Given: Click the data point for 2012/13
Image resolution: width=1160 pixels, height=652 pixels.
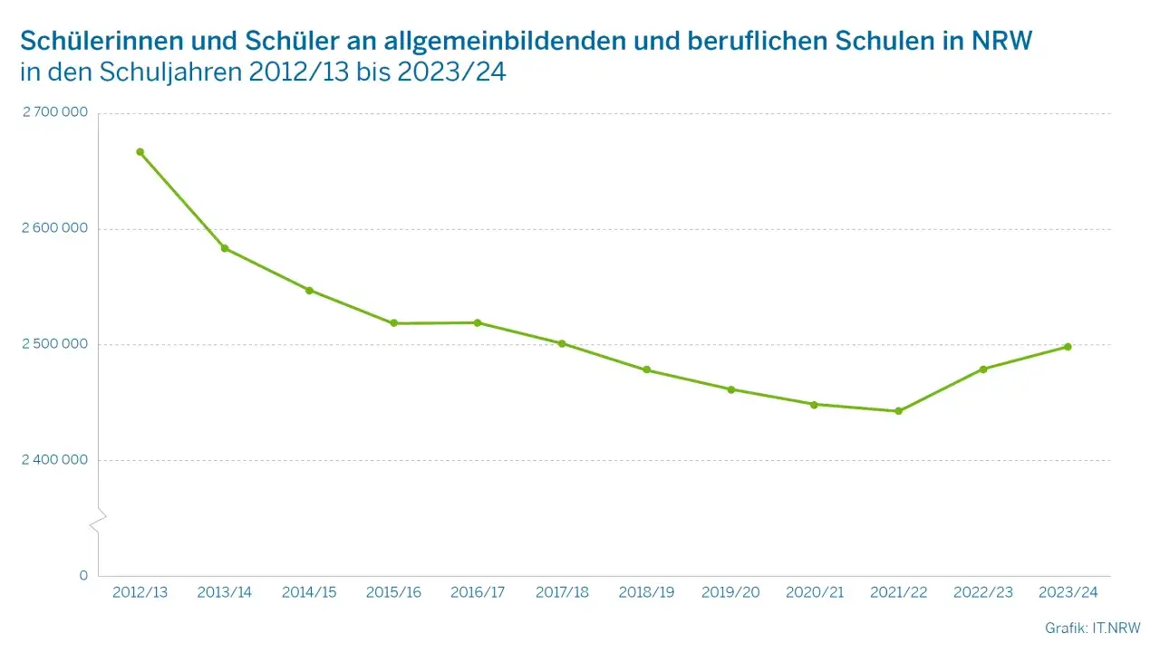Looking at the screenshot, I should [140, 152].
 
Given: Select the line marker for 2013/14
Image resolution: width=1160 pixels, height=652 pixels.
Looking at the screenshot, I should [225, 248].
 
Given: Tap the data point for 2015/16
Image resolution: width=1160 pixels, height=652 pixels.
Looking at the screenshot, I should [393, 323].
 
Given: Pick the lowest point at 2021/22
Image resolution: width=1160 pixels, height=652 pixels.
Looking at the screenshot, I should [899, 411].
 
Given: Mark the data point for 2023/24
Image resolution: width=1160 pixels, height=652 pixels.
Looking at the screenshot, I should [1068, 347].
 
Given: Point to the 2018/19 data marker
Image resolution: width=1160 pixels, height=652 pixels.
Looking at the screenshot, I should [646, 369].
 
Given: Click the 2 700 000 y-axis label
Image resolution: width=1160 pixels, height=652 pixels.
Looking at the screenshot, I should [54, 113].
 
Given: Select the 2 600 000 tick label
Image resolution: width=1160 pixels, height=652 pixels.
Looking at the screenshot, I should [54, 228].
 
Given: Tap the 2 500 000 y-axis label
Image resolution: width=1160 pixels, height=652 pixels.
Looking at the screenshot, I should [54, 344].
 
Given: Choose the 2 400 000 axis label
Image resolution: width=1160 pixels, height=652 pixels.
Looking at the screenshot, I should [54, 459].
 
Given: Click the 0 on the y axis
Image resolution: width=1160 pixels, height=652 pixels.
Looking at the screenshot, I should [83, 575].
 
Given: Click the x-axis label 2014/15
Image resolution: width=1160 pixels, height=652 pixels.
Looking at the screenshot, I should [309, 592].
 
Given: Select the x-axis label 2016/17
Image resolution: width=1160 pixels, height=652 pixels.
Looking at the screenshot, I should [478, 592].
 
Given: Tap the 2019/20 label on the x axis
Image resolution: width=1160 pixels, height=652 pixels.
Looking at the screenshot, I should [730, 592].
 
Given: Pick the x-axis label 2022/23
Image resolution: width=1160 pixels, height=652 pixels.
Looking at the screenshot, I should [983, 592].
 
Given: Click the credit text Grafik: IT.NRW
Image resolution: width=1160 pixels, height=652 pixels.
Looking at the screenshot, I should [1092, 628].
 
